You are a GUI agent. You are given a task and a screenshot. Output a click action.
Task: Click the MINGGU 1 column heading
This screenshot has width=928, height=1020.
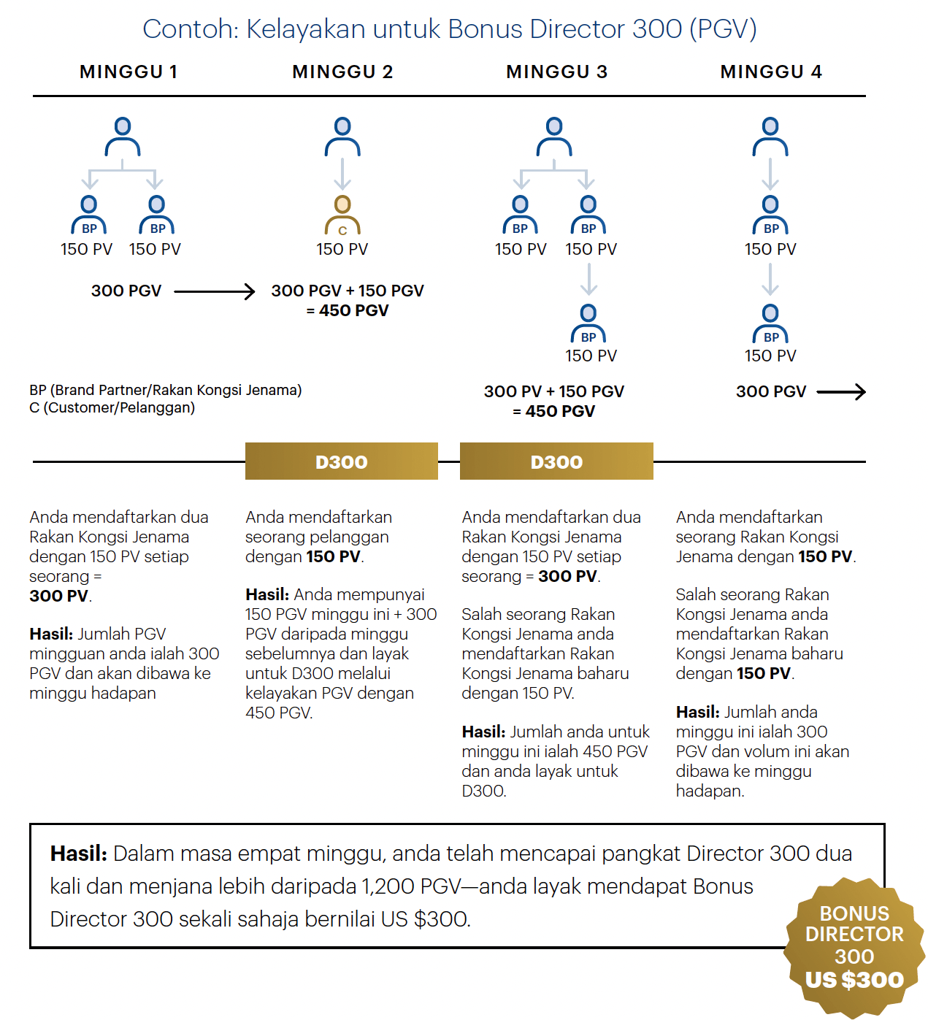[129, 72]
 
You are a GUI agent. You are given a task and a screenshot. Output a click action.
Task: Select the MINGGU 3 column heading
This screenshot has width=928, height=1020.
[556, 72]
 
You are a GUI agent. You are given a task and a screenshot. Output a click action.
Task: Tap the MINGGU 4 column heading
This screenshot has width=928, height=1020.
[771, 72]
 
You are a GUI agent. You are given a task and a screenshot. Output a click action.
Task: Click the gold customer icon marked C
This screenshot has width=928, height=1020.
[342, 215]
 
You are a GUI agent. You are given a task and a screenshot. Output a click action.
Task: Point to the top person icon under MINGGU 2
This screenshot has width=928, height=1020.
[342, 137]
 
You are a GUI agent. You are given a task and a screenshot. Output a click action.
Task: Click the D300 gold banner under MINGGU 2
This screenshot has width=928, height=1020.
[341, 461]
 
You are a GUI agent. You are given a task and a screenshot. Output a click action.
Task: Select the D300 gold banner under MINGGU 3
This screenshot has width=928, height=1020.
[556, 461]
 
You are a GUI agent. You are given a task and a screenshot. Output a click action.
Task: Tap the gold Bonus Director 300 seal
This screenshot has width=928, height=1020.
[854, 948]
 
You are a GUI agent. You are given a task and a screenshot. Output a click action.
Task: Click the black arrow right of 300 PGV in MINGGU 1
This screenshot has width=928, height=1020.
[215, 291]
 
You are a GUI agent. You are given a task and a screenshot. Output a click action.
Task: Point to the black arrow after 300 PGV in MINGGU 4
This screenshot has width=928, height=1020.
[841, 392]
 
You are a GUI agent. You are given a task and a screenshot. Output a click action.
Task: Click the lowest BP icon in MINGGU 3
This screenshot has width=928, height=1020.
[588, 324]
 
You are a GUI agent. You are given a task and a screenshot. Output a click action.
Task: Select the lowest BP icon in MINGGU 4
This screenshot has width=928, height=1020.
[770, 324]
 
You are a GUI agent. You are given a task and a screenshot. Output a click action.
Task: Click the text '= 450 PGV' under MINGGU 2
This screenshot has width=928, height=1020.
[348, 310]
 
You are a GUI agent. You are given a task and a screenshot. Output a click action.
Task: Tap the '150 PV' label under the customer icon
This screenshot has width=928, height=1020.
[342, 249]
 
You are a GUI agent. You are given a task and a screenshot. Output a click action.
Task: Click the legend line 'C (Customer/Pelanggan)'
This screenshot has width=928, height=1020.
[112, 407]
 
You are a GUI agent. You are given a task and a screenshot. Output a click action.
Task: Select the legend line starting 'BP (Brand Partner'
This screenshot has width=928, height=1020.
[165, 390]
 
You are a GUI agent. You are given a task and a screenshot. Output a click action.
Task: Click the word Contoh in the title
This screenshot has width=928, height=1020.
[190, 29]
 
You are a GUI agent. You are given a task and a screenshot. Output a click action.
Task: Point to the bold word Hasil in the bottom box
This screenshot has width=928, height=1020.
[78, 853]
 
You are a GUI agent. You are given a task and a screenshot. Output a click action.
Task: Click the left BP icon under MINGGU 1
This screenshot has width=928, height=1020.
[89, 215]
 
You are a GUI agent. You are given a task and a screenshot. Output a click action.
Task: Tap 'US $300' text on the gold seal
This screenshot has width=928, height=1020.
[854, 980]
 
